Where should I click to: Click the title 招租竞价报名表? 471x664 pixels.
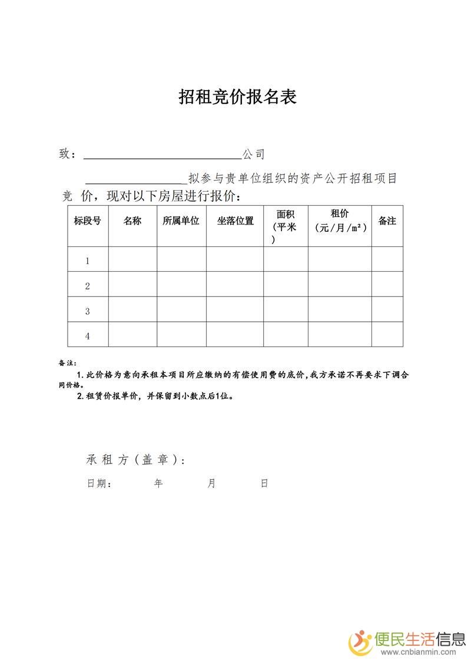237,98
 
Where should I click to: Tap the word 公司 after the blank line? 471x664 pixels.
254,155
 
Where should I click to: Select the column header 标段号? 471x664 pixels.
87,221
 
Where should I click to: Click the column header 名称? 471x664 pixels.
132,221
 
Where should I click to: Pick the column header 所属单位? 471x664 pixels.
181,221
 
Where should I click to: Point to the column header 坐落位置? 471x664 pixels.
235,221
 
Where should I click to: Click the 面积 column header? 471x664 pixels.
286,215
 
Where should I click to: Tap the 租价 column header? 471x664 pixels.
340,214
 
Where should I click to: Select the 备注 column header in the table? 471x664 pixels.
387,221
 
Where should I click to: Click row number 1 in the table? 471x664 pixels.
88,261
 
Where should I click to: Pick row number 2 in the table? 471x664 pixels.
88,286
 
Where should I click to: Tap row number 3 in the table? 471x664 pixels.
88,311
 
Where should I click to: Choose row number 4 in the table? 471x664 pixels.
88,336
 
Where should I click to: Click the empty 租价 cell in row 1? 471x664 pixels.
340,259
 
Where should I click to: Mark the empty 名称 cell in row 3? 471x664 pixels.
132,309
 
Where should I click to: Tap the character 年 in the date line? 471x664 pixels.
158,483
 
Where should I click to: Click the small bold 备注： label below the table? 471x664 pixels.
68,363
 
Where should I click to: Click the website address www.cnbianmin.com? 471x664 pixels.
419,652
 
